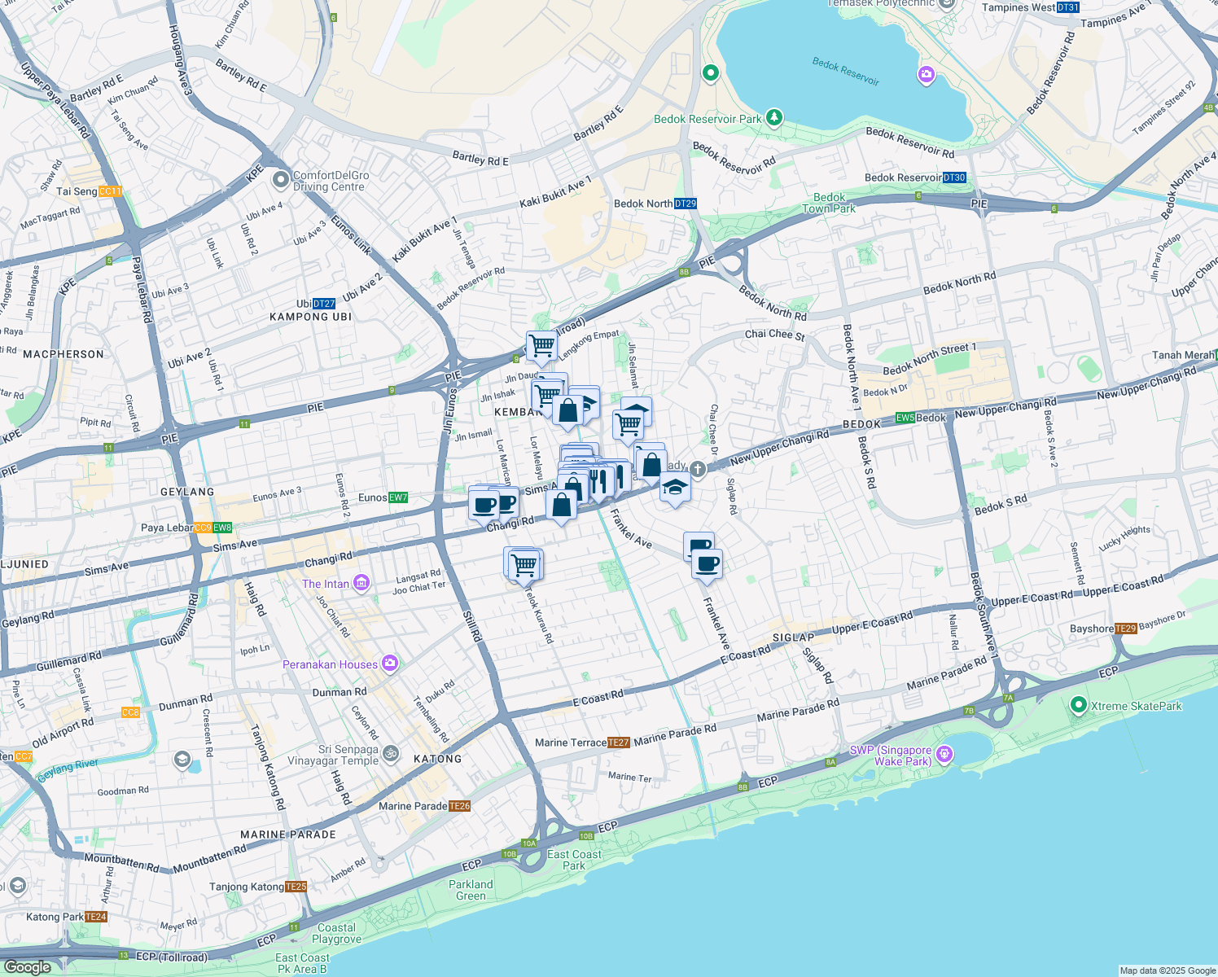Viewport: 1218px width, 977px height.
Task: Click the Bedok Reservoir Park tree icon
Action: (773, 118)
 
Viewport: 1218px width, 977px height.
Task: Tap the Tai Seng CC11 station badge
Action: (110, 191)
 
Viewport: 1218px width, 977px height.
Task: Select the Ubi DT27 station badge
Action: (324, 304)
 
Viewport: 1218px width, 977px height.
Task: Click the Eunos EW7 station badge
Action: (398, 497)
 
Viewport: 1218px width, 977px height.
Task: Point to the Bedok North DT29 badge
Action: (686, 204)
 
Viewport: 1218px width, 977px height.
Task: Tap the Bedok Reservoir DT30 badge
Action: (954, 177)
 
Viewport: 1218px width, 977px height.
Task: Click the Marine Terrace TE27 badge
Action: (619, 743)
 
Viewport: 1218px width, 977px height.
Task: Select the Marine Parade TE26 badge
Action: (459, 806)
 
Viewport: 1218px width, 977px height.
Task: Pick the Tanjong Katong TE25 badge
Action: (296, 887)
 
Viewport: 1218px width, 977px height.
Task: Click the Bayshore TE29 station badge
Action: (1125, 629)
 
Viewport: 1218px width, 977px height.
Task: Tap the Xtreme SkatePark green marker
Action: (1079, 705)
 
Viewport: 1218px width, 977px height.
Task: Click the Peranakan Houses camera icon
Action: (390, 664)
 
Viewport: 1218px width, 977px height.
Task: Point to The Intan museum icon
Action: (361, 583)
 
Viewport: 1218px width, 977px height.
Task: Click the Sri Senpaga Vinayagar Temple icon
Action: (391, 754)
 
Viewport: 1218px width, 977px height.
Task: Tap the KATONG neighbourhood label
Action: (438, 759)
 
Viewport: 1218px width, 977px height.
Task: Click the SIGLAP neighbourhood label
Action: (793, 637)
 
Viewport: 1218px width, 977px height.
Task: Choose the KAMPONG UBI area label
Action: (310, 317)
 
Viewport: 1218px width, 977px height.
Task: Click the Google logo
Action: (28, 967)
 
